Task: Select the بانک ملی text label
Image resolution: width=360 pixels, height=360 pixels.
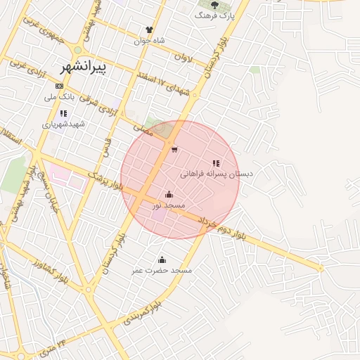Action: [60, 96]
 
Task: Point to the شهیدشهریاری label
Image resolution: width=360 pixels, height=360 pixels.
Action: [63, 124]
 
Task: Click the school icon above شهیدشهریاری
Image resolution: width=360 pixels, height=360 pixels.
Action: [63, 113]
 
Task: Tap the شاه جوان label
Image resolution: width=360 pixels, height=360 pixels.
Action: [149, 40]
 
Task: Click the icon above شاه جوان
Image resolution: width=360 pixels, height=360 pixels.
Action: [149, 30]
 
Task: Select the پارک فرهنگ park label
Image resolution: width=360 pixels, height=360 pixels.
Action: [214, 14]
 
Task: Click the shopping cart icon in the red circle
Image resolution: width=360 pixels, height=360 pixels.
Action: [174, 150]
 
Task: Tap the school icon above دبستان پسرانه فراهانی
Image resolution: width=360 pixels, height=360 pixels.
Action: [216, 163]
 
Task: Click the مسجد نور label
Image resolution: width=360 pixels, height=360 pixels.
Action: [169, 205]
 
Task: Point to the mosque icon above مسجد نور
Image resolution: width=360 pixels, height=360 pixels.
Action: [169, 195]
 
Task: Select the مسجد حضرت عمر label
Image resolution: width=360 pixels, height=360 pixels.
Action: [162, 270]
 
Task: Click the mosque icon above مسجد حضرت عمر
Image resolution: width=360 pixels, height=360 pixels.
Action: [162, 259]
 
